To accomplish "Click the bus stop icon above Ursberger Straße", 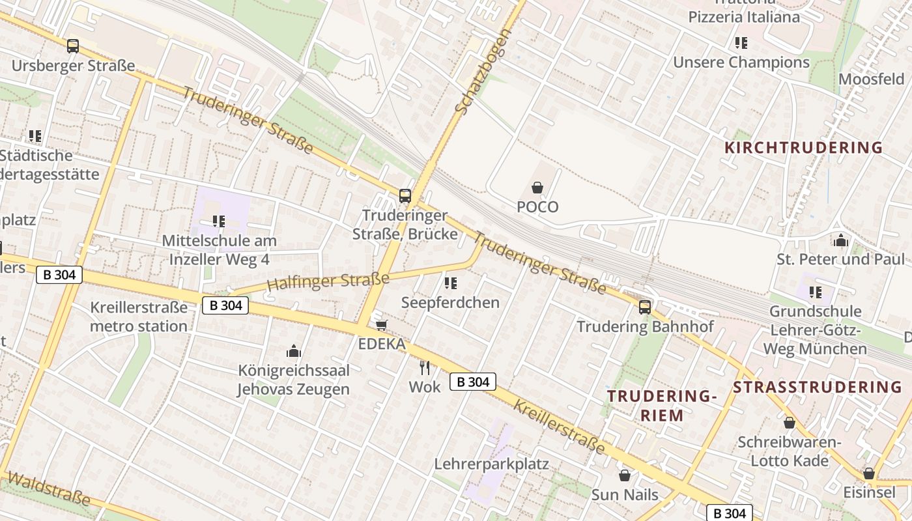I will point(73,46).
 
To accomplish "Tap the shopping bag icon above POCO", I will point(537,188).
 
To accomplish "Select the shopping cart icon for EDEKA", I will point(382,324).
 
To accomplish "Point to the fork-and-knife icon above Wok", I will point(425,368).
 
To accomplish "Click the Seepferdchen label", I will point(450,302).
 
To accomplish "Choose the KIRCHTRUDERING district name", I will point(803,147).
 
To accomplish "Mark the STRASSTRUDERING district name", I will point(818,387).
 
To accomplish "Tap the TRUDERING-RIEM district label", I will point(662,406).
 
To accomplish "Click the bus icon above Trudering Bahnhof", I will point(645,307).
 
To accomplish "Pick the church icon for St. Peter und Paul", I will point(840,240).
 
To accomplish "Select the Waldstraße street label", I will point(49,489).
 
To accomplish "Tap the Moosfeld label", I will point(871,79).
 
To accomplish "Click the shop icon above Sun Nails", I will point(625,475).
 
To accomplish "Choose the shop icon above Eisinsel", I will point(869,473).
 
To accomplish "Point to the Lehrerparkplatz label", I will point(491,464).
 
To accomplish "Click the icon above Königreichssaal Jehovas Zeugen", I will point(294,352).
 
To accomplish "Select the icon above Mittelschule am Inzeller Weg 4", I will point(219,221).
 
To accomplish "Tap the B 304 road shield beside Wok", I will point(473,382).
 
